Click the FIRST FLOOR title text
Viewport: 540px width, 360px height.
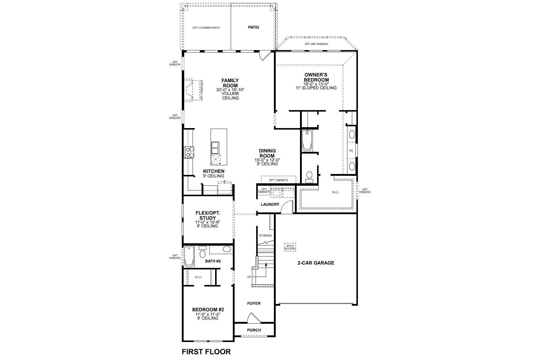click(206, 351)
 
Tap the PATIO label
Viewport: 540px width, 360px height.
click(253, 27)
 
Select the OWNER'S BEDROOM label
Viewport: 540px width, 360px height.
click(316, 77)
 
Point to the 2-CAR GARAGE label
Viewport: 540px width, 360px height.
click(316, 263)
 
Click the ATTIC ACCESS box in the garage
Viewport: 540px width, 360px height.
click(290, 247)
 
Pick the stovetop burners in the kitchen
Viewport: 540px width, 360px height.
click(189, 152)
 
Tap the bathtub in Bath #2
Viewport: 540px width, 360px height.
click(189, 256)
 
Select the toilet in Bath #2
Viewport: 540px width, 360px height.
click(202, 252)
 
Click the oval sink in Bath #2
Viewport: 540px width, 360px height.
click(227, 249)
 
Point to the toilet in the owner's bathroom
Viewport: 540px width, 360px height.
click(309, 176)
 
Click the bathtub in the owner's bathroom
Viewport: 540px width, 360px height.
click(307, 140)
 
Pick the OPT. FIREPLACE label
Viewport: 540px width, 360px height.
click(202, 90)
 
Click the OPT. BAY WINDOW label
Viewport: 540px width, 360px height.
click(316, 44)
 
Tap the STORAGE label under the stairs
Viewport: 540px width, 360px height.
click(265, 235)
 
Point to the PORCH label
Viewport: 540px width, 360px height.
click(254, 330)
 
